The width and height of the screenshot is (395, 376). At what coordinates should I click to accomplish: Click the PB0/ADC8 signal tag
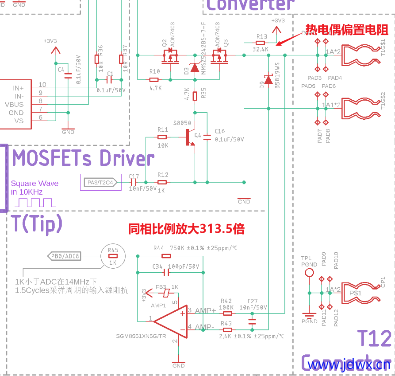tap(65, 256)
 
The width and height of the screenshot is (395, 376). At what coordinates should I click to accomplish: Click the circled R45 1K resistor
tap(112, 256)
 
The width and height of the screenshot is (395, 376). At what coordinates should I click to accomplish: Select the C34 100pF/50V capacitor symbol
tap(167, 272)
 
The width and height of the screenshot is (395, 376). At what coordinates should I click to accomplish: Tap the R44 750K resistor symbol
tap(166, 256)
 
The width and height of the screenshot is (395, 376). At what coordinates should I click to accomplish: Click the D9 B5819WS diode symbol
tap(268, 80)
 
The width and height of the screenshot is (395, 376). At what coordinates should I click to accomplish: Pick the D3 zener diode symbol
tap(194, 67)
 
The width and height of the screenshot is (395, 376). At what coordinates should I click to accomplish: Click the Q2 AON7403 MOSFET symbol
tap(170, 56)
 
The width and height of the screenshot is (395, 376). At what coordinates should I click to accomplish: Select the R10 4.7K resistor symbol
tap(154, 80)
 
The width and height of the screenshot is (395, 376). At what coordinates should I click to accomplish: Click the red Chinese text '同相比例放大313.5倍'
tap(186, 229)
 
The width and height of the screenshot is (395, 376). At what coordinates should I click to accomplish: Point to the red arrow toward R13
tap(285, 40)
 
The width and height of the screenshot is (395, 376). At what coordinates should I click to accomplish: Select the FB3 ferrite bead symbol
tap(165, 293)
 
